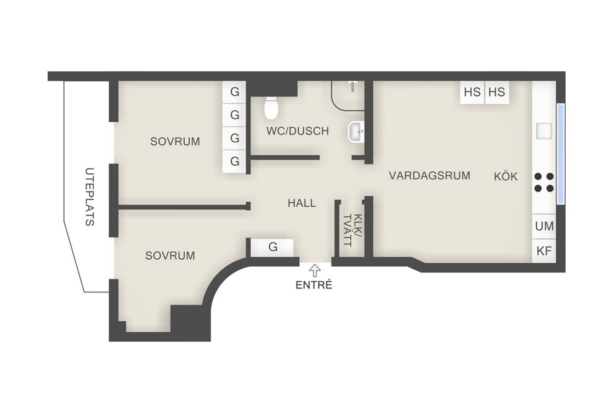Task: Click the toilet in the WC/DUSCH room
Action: pos(271,107)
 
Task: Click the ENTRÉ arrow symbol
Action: pos(315,270)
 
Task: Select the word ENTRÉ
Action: pos(314,285)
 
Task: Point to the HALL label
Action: pos(302,203)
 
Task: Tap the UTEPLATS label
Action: pos(89,196)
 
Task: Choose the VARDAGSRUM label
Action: pos(430,176)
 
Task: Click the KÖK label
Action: pos(506,177)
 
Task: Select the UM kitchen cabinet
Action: pos(544,226)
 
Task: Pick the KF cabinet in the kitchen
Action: pos(544,251)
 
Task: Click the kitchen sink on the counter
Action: pos(544,131)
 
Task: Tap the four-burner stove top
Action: pos(544,182)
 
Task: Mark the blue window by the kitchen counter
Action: pos(561,154)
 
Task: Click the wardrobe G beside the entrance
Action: pos(272,247)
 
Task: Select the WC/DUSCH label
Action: pos(298,131)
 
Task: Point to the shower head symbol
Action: pos(352,86)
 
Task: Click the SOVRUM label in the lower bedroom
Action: pos(170,256)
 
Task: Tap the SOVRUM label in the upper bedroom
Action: pos(175,141)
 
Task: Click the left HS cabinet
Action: pos(472,92)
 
